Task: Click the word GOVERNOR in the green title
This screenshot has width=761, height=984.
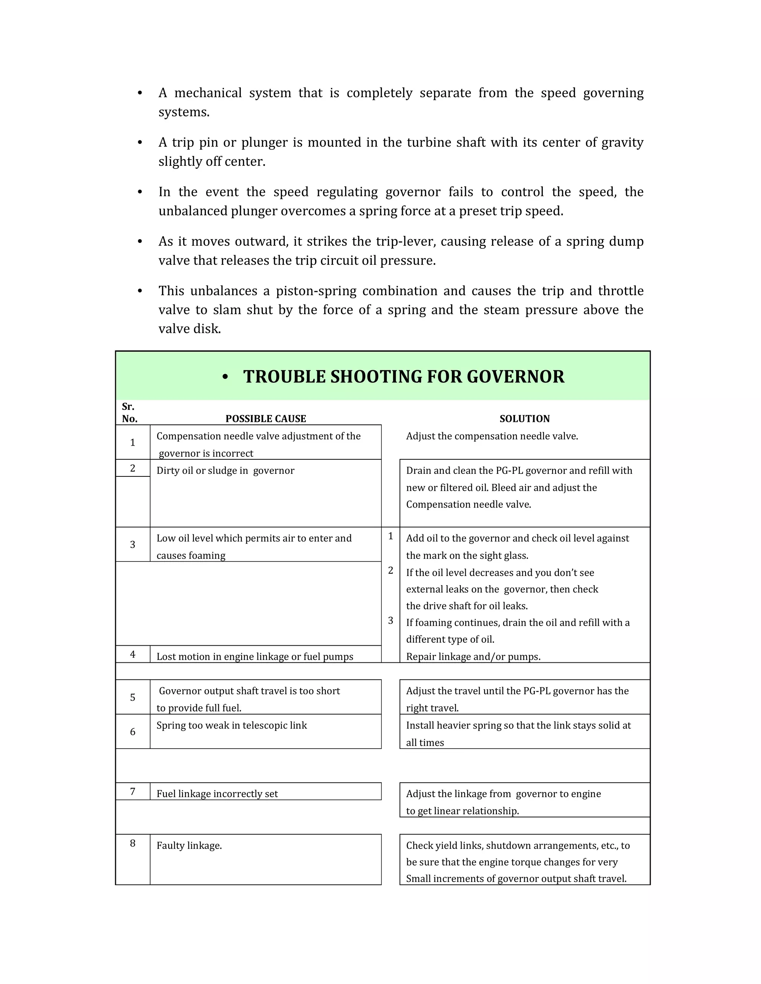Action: coord(515,377)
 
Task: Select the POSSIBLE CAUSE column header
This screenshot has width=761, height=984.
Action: coord(266,418)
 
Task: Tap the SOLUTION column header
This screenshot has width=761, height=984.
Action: coord(524,418)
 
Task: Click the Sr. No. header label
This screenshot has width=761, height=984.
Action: coord(129,413)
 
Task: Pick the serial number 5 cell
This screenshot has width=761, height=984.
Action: coord(133,697)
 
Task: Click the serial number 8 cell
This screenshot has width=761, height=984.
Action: coord(133,843)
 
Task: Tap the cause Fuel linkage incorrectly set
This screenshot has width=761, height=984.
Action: coord(217,794)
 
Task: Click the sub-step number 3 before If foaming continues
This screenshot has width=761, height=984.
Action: coord(391,621)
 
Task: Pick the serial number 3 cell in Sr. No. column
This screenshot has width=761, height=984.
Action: coord(133,545)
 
